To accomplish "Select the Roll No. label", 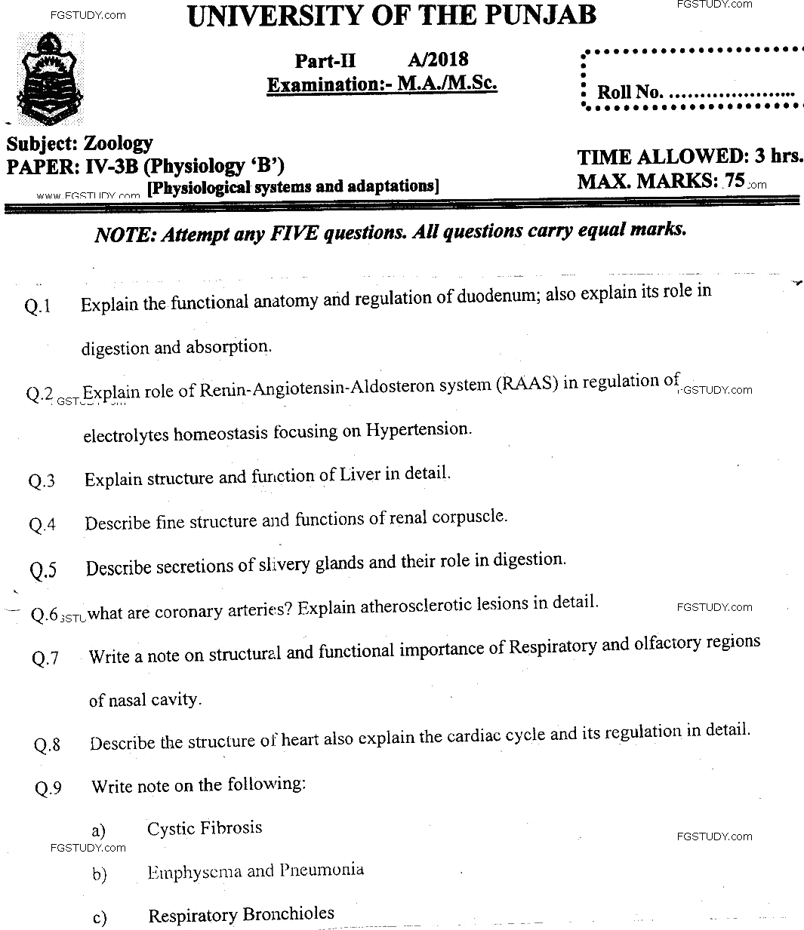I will pyautogui.click(x=630, y=93).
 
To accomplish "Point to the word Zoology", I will pyautogui.click(x=118, y=143).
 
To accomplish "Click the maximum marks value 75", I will pyautogui.click(x=735, y=181).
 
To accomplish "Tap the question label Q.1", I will pyautogui.click(x=38, y=306).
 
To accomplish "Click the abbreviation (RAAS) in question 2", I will pyautogui.click(x=527, y=383).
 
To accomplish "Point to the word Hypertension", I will pyautogui.click(x=418, y=430).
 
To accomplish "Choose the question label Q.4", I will pyautogui.click(x=42, y=525).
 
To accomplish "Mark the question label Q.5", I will pyautogui.click(x=43, y=570).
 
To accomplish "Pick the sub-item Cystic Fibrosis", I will pyautogui.click(x=205, y=828).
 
